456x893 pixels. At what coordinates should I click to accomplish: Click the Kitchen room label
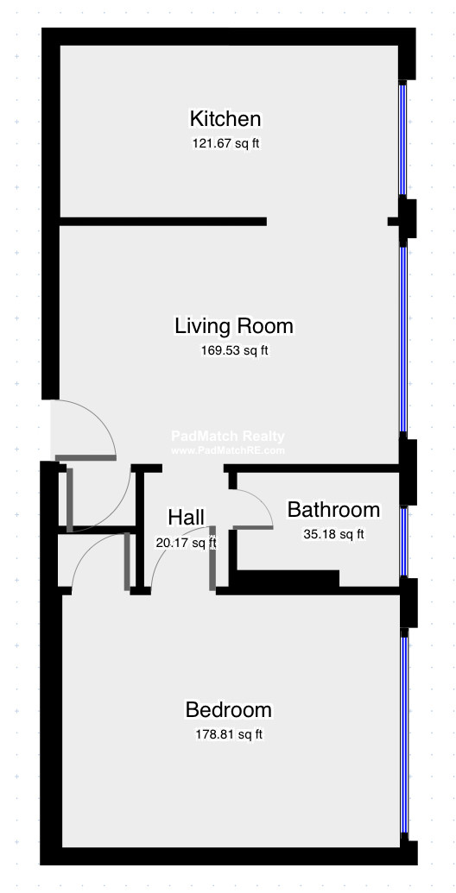point(225,119)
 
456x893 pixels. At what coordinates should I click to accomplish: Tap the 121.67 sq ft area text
point(225,143)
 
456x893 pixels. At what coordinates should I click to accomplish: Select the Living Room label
point(234,326)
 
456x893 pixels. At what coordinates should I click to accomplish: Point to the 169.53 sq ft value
point(234,350)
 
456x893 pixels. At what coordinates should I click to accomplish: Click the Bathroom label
point(333,509)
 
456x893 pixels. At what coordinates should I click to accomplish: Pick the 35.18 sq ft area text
point(333,534)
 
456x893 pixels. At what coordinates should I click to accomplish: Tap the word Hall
point(186,518)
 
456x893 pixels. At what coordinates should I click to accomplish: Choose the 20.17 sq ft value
point(186,543)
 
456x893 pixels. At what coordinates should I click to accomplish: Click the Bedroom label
point(228,710)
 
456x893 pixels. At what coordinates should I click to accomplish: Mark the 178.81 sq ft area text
point(229,735)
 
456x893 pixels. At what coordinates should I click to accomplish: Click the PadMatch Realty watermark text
point(227,437)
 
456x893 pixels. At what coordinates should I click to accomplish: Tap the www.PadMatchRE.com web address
point(227,450)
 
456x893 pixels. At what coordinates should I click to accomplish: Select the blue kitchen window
point(402,140)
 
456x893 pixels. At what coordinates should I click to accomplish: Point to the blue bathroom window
point(403,541)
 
